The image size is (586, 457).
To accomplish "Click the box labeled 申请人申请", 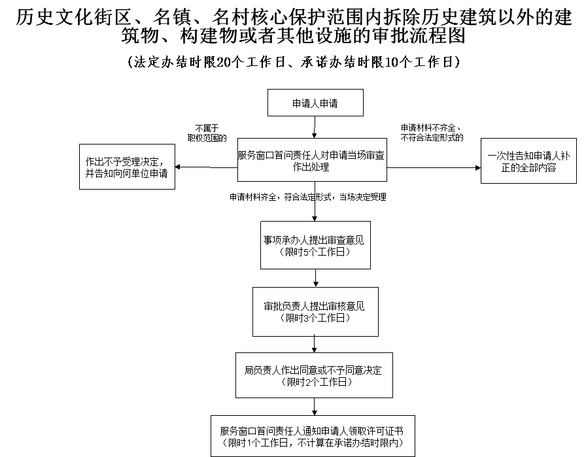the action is pyautogui.click(x=315, y=103).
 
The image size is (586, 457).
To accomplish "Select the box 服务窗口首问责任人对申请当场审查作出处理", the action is pyautogui.click(x=312, y=160).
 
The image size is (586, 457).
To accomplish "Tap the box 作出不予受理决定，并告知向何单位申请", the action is pyautogui.click(x=127, y=167).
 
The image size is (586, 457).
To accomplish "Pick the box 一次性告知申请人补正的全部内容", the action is pyautogui.click(x=528, y=161).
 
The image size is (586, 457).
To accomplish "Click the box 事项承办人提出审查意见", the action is pyautogui.click(x=315, y=245).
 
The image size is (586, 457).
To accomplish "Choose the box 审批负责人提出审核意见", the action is pyautogui.click(x=315, y=312).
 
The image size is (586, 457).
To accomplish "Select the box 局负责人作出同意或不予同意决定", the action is pyautogui.click(x=314, y=375).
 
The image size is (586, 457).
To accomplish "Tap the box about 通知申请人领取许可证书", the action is pyautogui.click(x=313, y=436).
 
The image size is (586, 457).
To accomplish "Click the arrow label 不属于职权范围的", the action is pyautogui.click(x=207, y=133).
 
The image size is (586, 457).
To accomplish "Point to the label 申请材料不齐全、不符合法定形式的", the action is pyautogui.click(x=432, y=133).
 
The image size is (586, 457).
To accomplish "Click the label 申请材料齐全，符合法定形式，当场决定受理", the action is pyautogui.click(x=308, y=197).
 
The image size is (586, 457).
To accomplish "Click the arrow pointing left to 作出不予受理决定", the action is pyautogui.click(x=206, y=167).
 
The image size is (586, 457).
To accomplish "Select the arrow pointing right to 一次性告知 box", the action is pyautogui.click(x=434, y=168).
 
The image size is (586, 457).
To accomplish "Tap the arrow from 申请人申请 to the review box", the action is pyautogui.click(x=315, y=127).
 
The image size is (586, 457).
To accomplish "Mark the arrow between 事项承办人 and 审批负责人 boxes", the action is pyautogui.click(x=316, y=278).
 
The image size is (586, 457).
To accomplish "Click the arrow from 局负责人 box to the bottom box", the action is pyautogui.click(x=315, y=407).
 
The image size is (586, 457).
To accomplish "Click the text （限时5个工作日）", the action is pyautogui.click(x=315, y=252).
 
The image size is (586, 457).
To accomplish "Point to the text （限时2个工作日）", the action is pyautogui.click(x=317, y=382).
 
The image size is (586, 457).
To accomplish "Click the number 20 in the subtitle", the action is pyautogui.click(x=224, y=62).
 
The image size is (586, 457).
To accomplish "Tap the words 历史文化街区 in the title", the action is pyautogui.click(x=74, y=17).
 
